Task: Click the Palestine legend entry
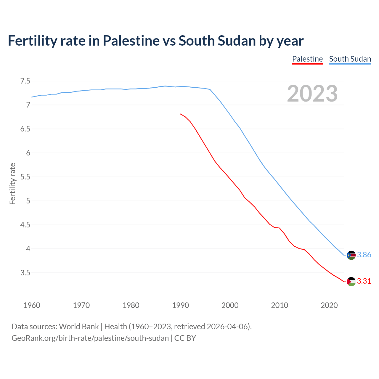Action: point(307,59)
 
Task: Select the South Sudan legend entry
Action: point(350,59)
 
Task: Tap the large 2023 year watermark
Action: point(312,94)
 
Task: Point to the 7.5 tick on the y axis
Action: point(25,81)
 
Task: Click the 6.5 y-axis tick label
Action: point(25,129)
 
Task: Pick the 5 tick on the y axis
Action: point(28,201)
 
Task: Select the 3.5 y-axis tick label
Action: point(25,273)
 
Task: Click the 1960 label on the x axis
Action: point(32,305)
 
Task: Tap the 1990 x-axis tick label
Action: point(180,305)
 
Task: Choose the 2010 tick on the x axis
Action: point(280,305)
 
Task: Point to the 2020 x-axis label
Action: point(329,305)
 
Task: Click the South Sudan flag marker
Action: point(351,255)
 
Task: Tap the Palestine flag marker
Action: point(351,282)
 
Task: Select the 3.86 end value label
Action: point(364,255)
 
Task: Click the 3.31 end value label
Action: point(364,281)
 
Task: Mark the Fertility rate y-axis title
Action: point(12,184)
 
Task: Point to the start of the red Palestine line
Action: point(181,114)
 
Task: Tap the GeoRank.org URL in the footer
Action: point(90,338)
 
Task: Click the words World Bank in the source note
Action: point(79,326)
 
